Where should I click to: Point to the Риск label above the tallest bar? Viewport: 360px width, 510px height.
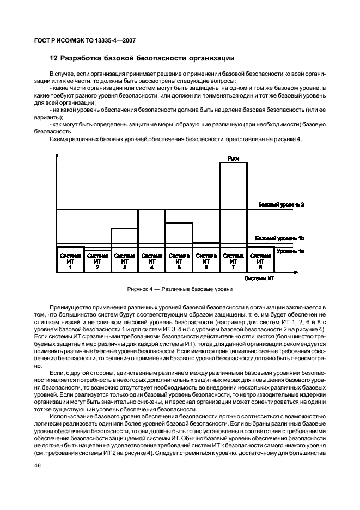(x=233, y=159)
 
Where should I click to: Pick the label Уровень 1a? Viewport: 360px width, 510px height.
(x=290, y=251)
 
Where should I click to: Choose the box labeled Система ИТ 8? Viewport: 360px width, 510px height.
(x=260, y=260)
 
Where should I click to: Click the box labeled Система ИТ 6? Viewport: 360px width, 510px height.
(x=206, y=260)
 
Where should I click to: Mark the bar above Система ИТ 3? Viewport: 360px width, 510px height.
(x=124, y=238)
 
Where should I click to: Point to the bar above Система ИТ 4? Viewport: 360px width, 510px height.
(x=151, y=228)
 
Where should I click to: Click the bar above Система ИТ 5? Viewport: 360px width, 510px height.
(x=179, y=234)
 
